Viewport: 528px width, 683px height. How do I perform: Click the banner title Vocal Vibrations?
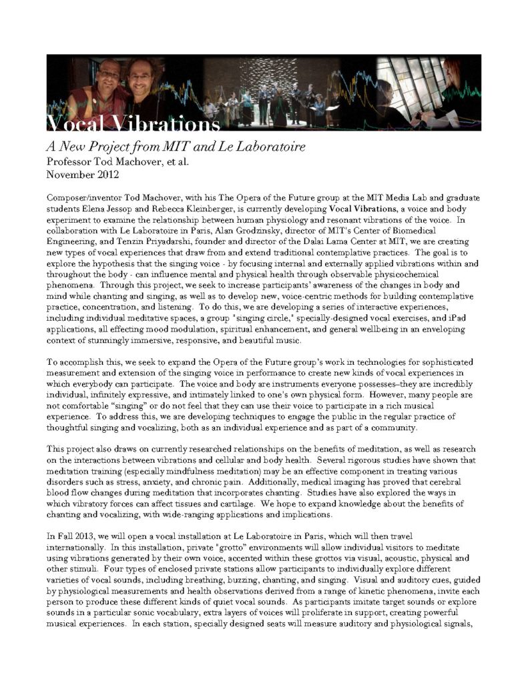[134, 124]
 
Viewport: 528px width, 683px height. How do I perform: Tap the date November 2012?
[84, 175]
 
